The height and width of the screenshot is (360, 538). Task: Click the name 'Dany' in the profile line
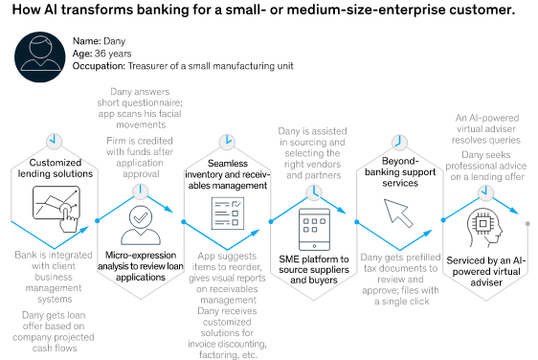(115, 41)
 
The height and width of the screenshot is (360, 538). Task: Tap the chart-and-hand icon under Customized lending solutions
(55, 205)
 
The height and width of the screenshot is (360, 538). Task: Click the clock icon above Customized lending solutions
(55, 141)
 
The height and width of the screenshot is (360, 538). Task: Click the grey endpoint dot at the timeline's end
(528, 223)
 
